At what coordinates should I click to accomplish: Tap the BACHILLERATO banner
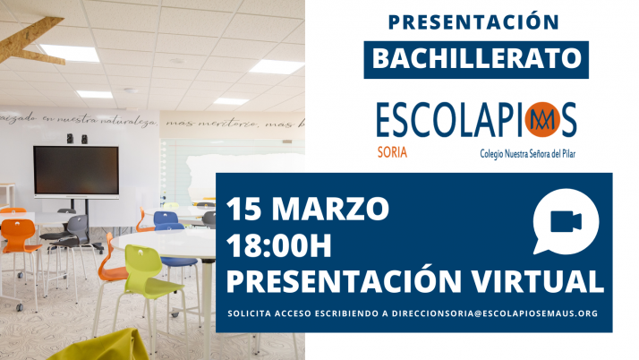[x=475, y=59]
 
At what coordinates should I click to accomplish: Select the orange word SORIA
[x=391, y=152]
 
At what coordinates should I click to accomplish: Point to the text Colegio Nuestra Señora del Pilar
[x=527, y=153]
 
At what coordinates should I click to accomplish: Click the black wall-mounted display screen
[x=76, y=171]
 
